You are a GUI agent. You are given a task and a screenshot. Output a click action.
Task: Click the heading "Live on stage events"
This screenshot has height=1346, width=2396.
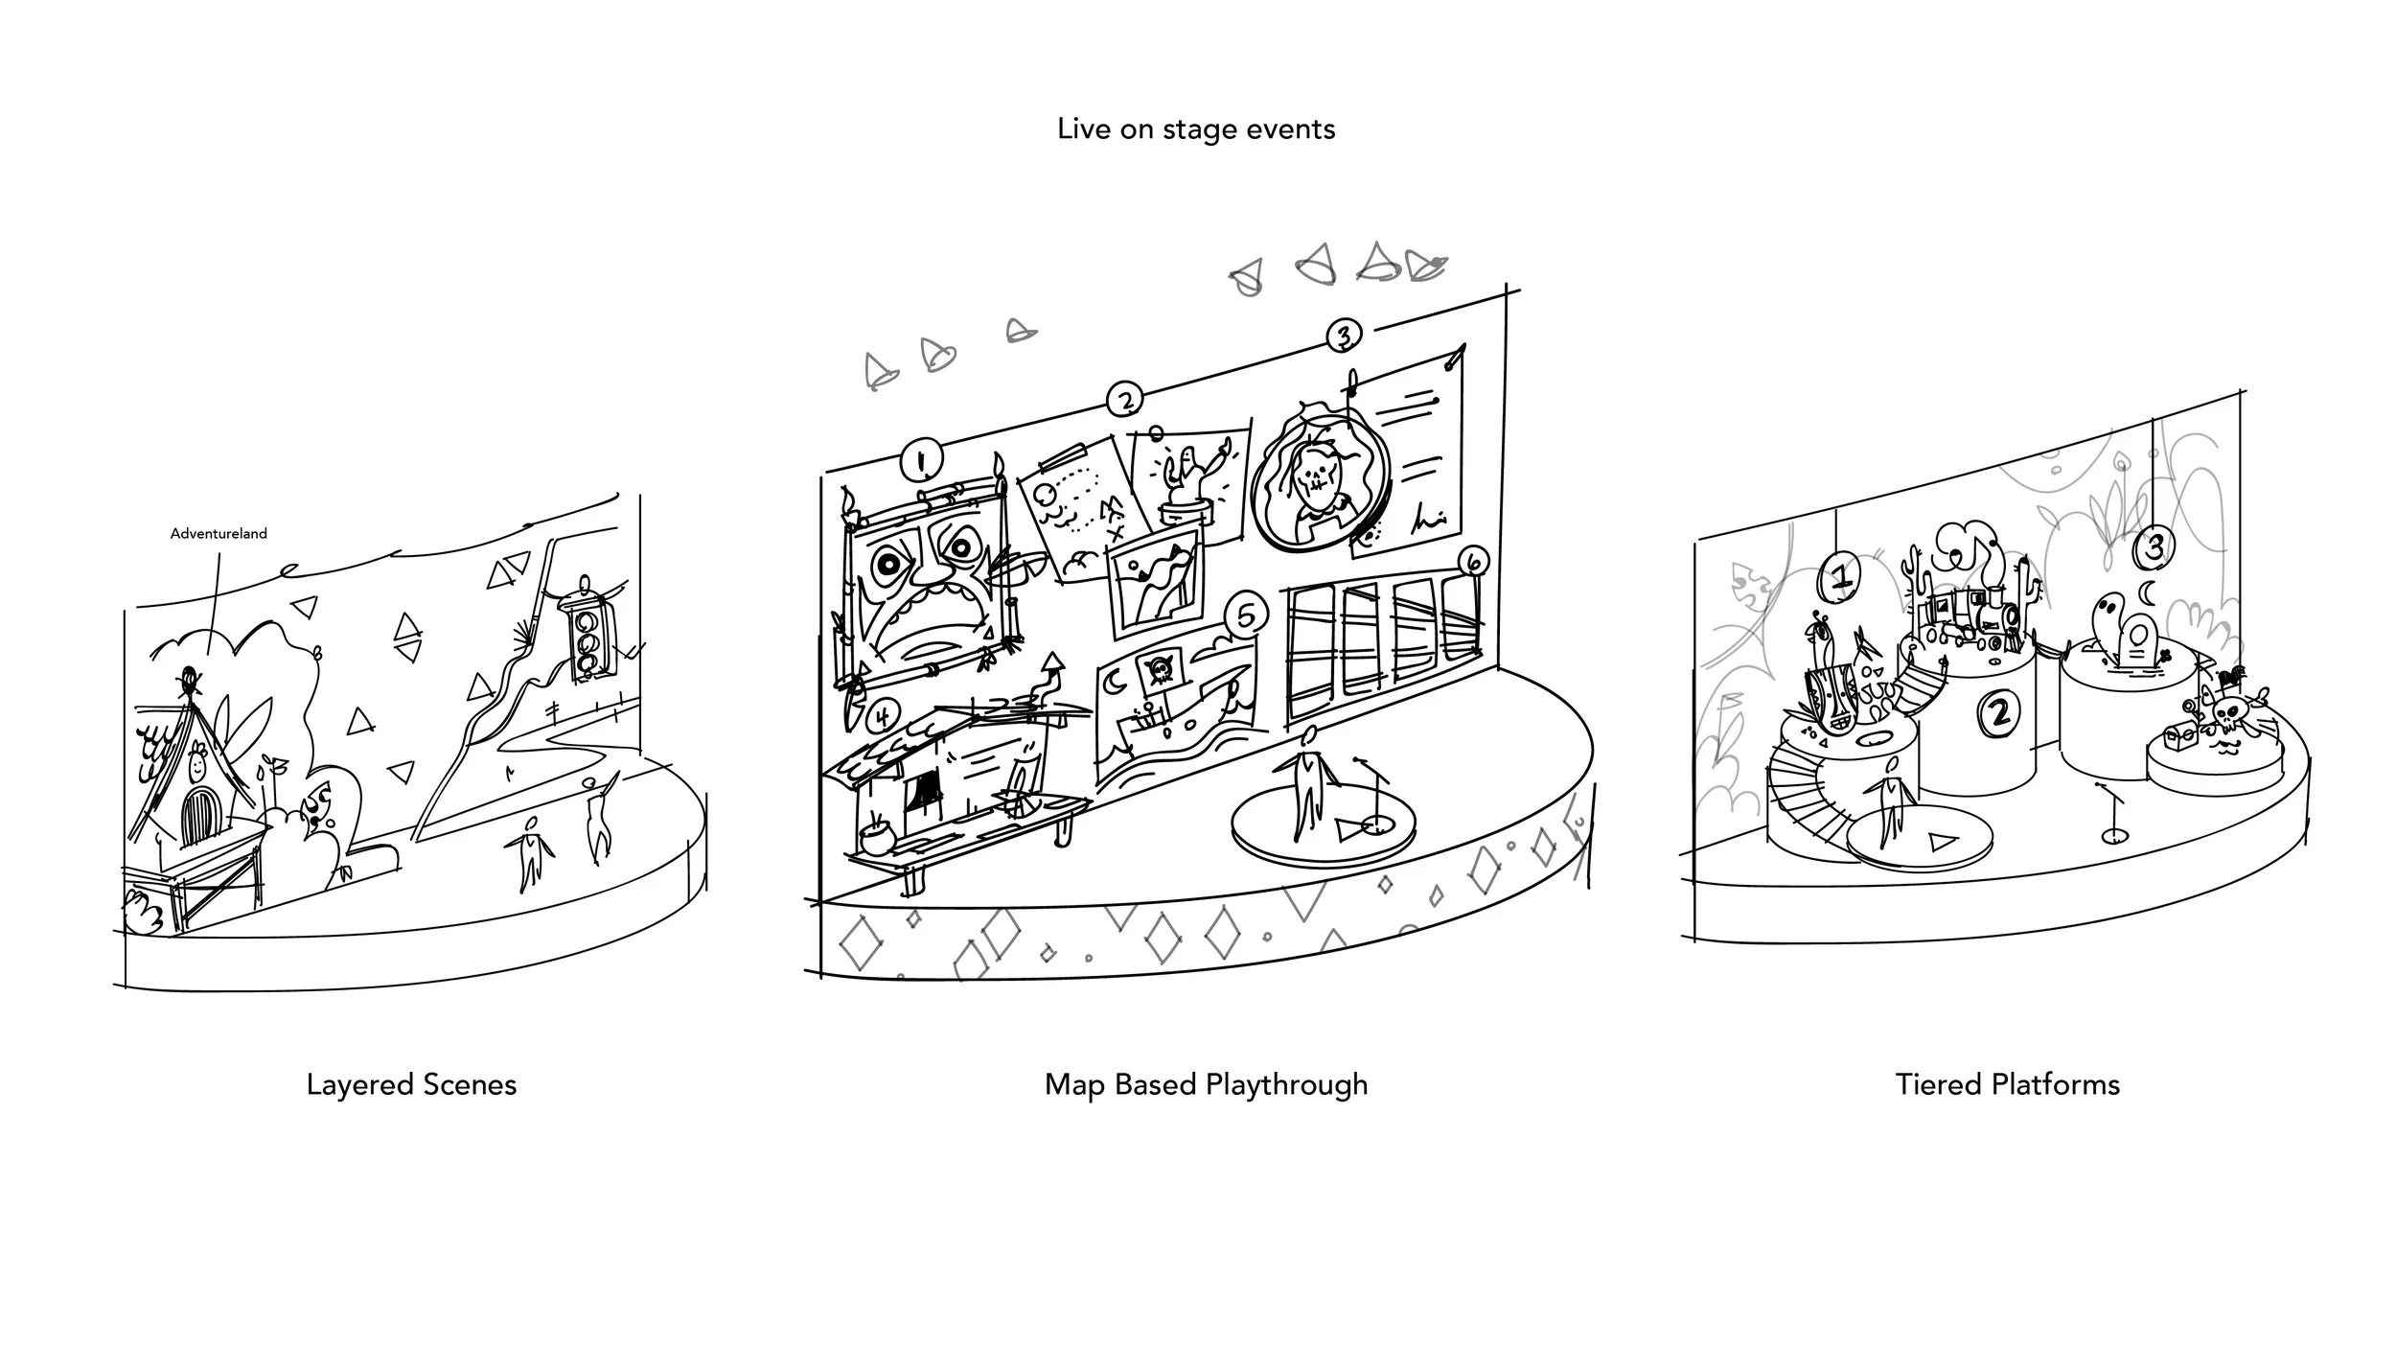1195,129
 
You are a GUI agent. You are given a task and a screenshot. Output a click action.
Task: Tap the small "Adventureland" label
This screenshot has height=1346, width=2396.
219,534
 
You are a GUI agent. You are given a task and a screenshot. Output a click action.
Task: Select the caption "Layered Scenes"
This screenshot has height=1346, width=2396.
411,1084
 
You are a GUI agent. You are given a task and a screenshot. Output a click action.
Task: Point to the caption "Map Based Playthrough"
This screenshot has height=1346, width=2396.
1206,1084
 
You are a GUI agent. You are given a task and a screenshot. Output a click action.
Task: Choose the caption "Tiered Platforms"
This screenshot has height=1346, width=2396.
2007,1084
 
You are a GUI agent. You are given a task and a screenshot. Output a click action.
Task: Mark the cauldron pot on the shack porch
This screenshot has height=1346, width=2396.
875,840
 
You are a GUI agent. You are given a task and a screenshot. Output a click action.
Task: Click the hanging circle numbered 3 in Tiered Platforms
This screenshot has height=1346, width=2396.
2154,547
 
